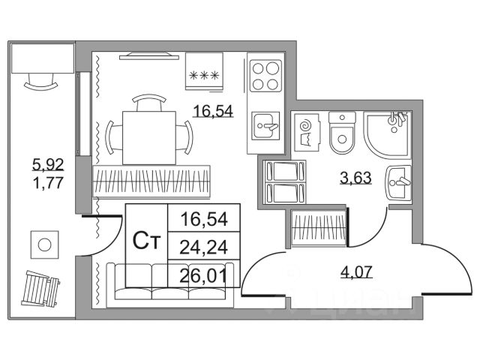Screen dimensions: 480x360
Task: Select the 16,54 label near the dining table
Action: (x=213, y=111)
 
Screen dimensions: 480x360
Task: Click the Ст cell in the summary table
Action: (x=145, y=242)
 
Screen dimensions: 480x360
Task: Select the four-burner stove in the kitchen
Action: (x=265, y=75)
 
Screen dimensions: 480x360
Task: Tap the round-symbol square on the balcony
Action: (x=44, y=244)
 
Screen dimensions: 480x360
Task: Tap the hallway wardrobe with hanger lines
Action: (x=319, y=226)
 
